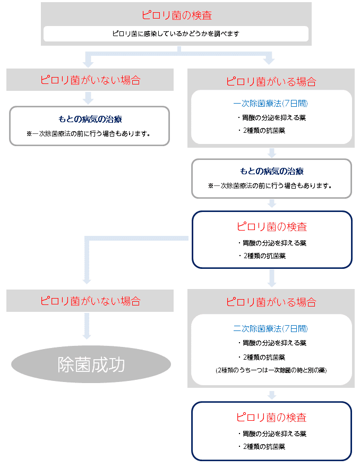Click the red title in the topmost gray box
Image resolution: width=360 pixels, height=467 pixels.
(177, 15)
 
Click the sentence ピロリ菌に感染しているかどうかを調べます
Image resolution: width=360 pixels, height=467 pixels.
(176, 33)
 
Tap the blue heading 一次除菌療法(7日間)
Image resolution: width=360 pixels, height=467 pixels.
(270, 104)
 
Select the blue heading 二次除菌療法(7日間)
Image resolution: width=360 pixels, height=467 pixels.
(270, 328)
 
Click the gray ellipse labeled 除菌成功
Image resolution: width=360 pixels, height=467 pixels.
(91, 364)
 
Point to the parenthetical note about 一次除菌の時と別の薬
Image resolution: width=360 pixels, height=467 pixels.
(271, 370)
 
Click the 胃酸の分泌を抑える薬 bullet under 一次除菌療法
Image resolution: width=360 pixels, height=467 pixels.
(272, 117)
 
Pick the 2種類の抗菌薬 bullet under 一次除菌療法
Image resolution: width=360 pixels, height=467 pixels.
(262, 131)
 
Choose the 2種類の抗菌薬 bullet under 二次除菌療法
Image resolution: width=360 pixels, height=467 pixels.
(262, 357)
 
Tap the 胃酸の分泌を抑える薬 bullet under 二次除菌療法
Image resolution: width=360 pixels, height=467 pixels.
(272, 343)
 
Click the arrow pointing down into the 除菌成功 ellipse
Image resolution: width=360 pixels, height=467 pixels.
(87, 326)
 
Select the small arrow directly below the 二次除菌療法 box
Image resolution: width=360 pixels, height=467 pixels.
(272, 395)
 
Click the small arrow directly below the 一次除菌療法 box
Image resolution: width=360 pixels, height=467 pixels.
(272, 153)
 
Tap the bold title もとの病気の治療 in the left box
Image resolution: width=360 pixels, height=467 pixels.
(90, 119)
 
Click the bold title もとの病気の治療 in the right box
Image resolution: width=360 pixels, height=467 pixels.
(271, 171)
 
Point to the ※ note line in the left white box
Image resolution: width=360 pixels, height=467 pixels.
(89, 134)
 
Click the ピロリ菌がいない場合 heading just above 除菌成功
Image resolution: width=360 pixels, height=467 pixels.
(90, 301)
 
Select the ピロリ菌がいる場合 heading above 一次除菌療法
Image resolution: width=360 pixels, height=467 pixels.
(271, 81)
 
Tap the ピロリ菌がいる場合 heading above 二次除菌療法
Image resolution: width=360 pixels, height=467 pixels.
(271, 302)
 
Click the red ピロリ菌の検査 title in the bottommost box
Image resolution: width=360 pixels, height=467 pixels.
(271, 417)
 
